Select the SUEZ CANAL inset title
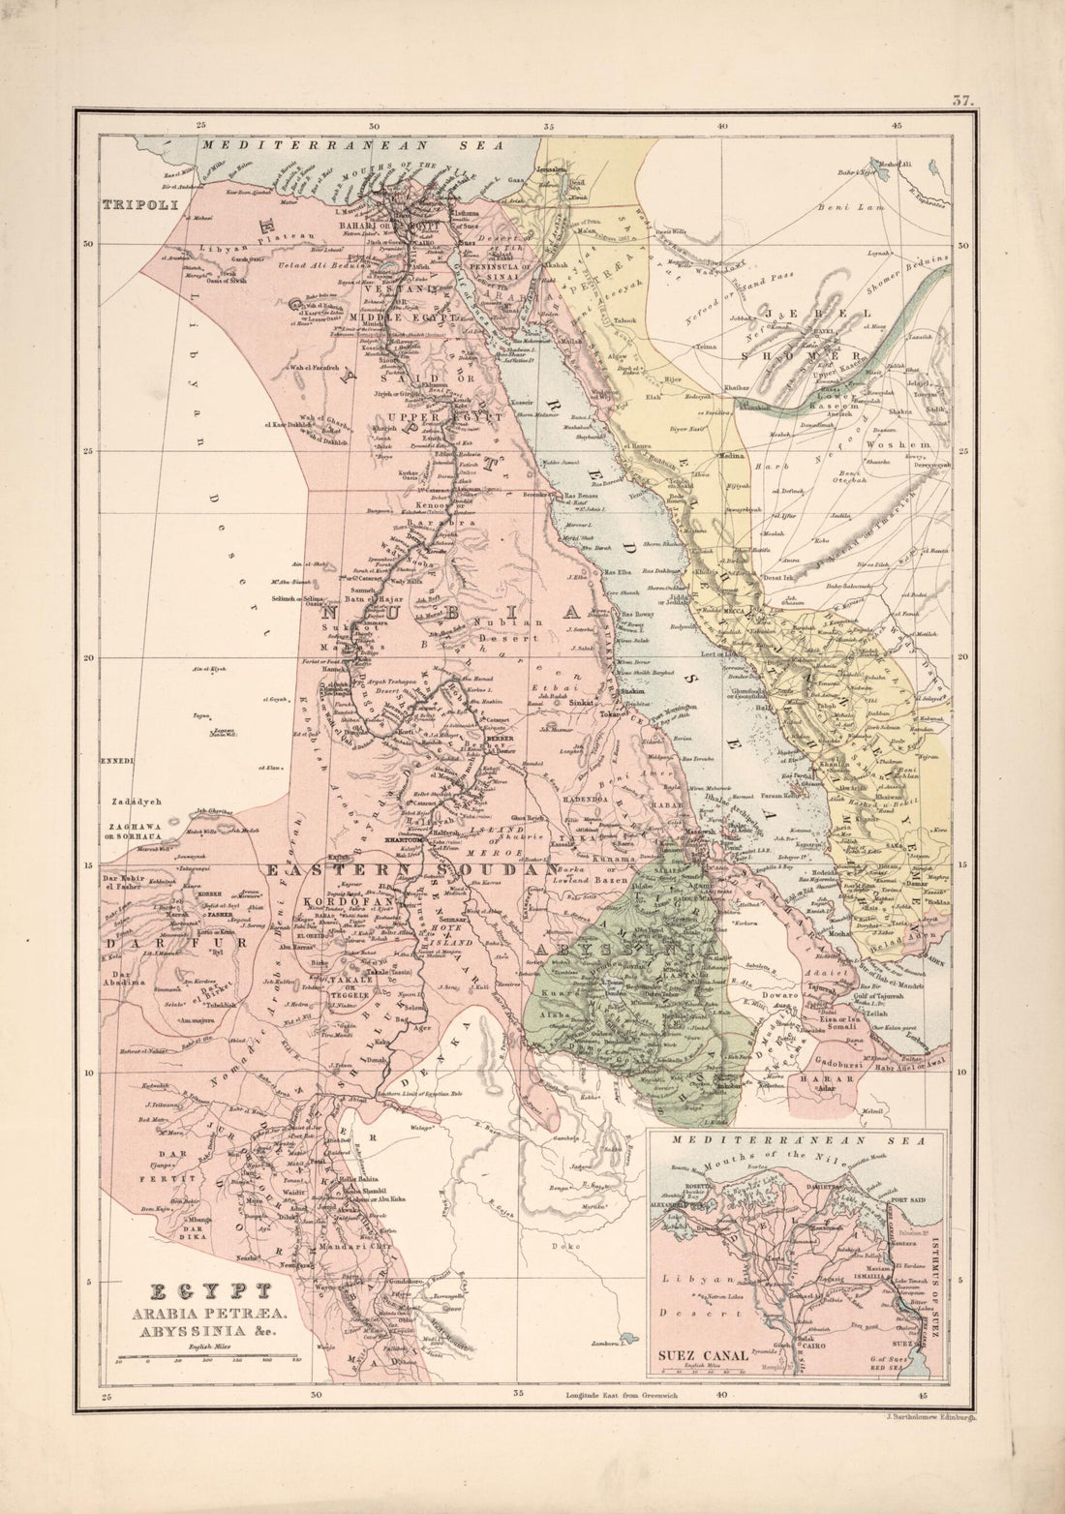tap(705, 1354)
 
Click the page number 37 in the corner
tap(961, 98)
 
